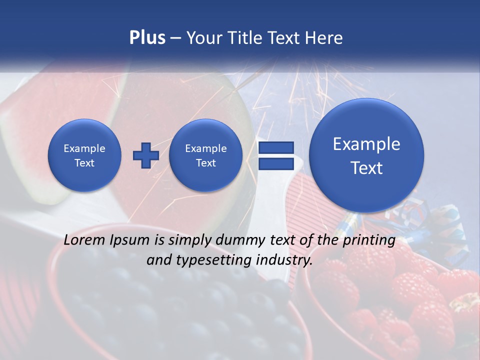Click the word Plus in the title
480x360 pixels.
pos(147,38)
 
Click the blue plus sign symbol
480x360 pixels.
pos(145,155)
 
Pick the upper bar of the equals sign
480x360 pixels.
pos(275,147)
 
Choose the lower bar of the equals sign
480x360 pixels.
pos(275,163)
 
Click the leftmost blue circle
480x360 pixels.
pos(84,155)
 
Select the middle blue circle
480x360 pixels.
pos(205,155)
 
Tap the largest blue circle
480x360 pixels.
pos(366,155)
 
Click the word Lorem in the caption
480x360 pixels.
pos(84,240)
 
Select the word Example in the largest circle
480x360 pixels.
pos(366,144)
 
